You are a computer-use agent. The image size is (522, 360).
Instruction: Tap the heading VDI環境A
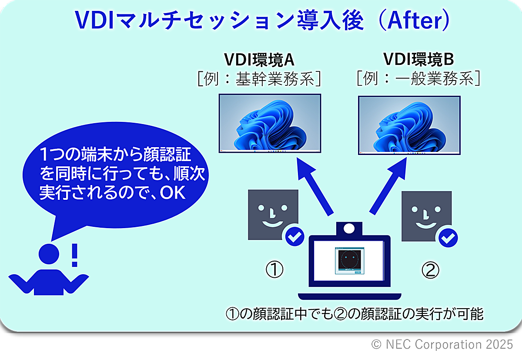pyautogui.click(x=259, y=60)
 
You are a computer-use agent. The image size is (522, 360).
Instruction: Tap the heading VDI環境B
pyautogui.click(x=418, y=59)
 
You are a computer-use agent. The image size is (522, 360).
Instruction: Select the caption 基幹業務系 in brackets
pyautogui.click(x=275, y=79)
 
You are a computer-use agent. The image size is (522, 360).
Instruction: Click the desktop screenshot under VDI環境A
pyautogui.click(x=270, y=123)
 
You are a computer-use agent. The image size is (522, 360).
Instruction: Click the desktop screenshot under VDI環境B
pyautogui.click(x=409, y=125)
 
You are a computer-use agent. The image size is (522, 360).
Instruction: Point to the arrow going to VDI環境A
pyautogui.click(x=314, y=185)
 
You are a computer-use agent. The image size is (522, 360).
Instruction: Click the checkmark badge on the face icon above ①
pyautogui.click(x=294, y=236)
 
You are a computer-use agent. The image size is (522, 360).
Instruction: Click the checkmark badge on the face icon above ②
pyautogui.click(x=448, y=238)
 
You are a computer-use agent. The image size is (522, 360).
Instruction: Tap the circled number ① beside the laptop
pyautogui.click(x=274, y=269)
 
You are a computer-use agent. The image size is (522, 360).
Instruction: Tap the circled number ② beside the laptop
pyautogui.click(x=430, y=270)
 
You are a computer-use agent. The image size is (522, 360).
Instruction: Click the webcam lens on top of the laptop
pyautogui.click(x=349, y=228)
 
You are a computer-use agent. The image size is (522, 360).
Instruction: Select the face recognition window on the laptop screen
pyautogui.click(x=349, y=261)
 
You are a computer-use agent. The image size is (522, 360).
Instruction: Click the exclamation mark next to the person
pyautogui.click(x=74, y=255)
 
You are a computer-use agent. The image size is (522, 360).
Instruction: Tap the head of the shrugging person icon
pyautogui.click(x=49, y=254)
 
